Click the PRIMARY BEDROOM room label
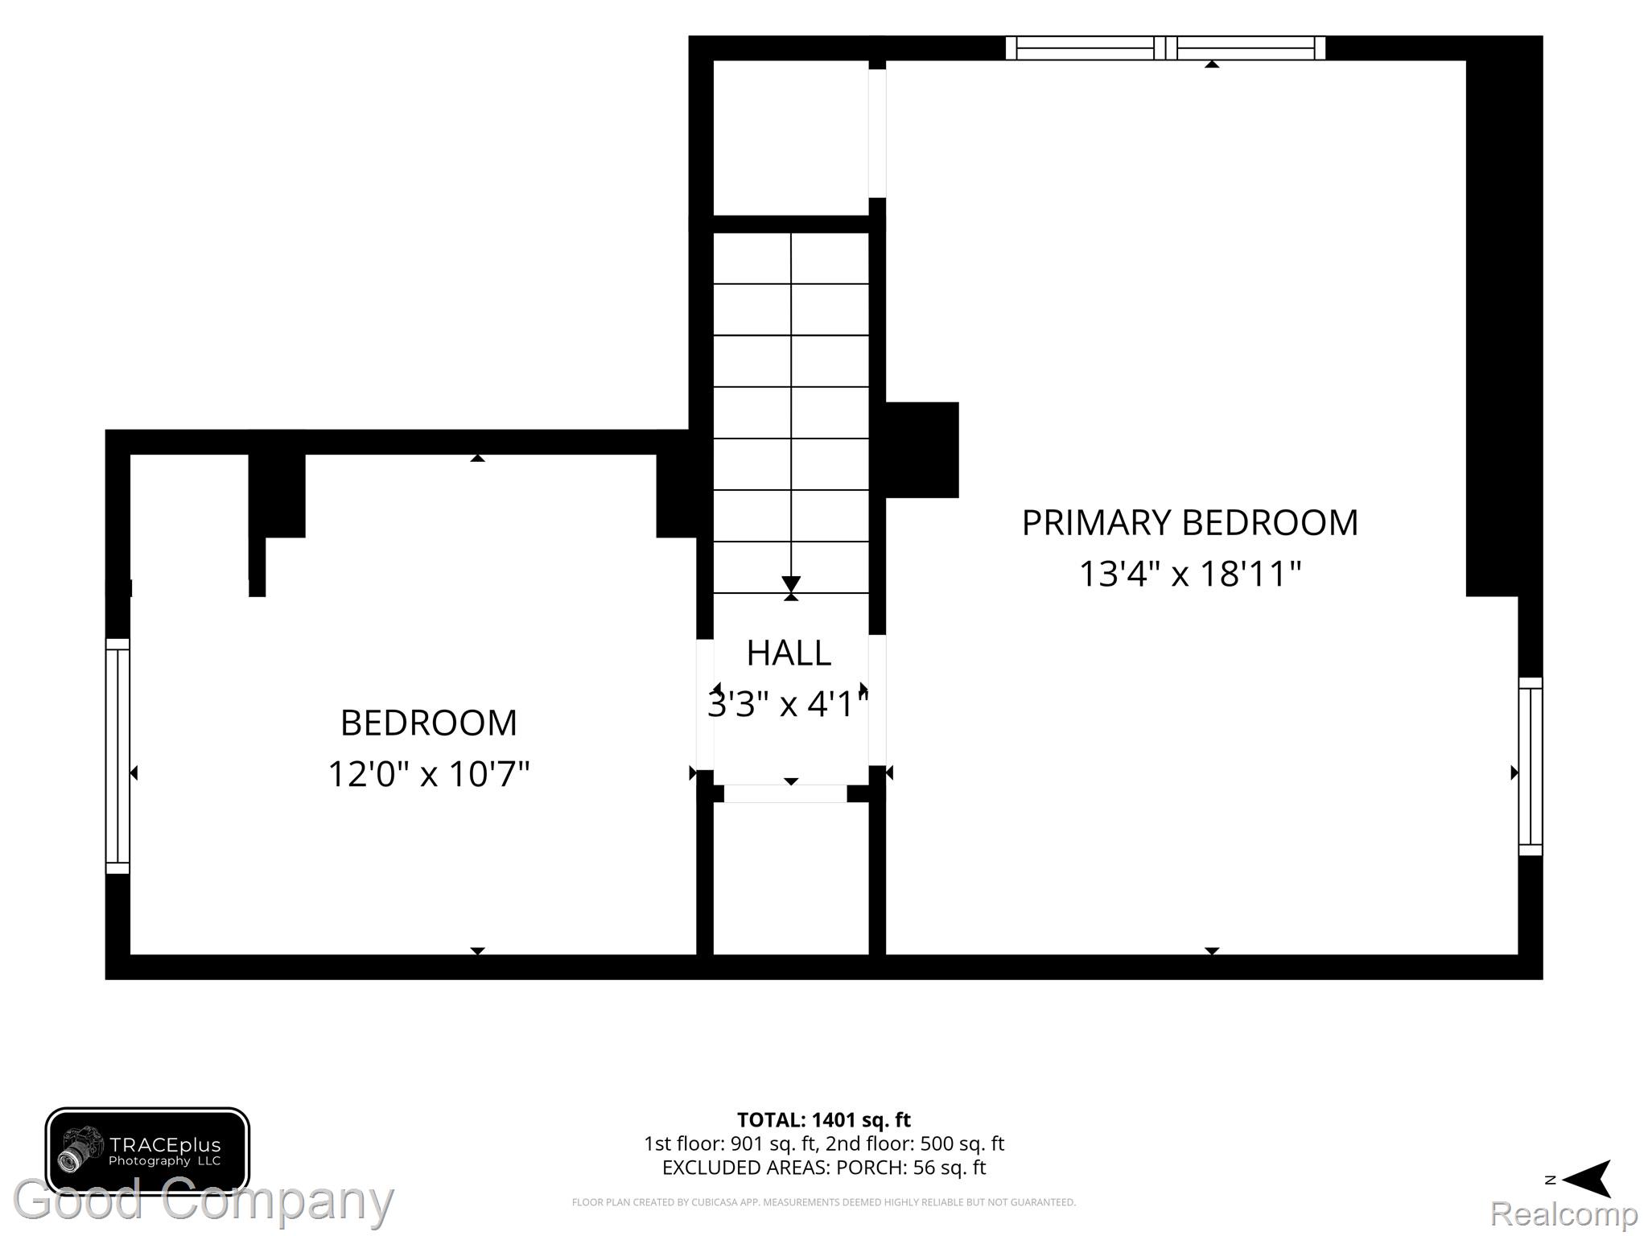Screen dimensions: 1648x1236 point(1189,523)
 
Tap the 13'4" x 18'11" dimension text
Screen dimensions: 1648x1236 point(1189,575)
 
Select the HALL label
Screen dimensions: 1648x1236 point(789,653)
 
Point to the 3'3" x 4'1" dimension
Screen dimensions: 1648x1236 point(789,704)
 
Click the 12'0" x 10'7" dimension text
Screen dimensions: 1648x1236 point(429,774)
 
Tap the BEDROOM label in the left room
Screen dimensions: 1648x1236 point(429,723)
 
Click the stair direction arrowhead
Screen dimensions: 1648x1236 point(791,583)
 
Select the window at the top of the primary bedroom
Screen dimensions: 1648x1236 point(1165,48)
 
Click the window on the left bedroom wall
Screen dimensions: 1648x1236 point(117,756)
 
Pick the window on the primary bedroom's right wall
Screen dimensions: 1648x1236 point(1531,766)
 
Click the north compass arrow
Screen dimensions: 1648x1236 point(1586,1180)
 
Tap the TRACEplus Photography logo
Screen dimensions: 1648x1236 point(147,1152)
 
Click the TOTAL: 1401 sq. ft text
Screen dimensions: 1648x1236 point(824,1119)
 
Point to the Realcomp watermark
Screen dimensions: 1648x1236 point(1564,1213)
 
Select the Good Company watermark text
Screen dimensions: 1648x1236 point(203,1200)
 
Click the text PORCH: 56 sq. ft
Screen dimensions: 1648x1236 point(911,1167)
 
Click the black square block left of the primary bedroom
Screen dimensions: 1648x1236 point(922,450)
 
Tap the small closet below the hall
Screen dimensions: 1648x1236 point(791,878)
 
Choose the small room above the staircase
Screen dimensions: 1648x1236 point(791,138)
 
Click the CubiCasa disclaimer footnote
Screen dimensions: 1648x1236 point(824,1202)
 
